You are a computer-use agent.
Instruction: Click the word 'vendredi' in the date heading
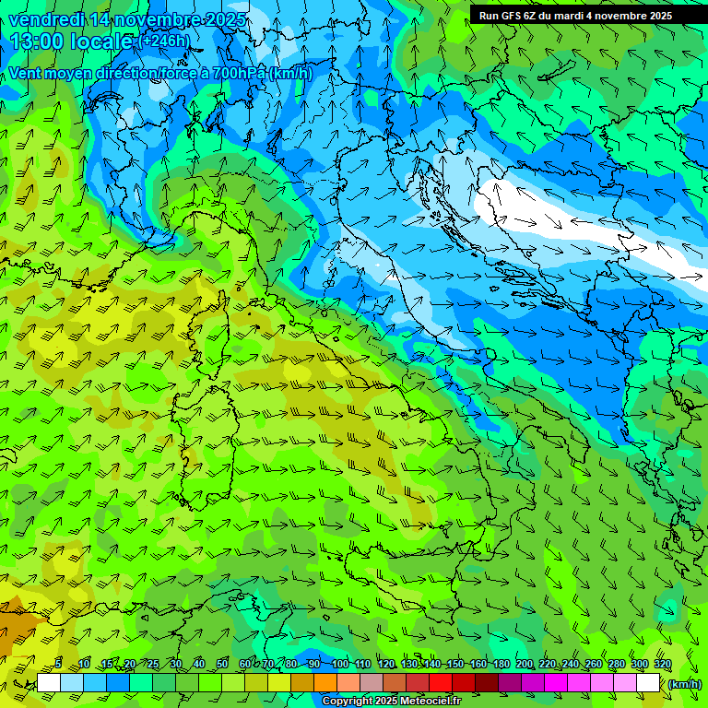(43, 19)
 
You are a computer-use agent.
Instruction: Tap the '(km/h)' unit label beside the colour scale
(683, 684)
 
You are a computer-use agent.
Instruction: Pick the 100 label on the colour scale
(340, 665)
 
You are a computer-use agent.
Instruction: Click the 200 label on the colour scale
(525, 665)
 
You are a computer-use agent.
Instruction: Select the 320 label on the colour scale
(662, 665)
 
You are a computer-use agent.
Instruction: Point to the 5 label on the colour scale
(58, 665)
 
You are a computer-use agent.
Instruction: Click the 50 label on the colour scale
(222, 665)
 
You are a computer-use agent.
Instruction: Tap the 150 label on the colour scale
(455, 665)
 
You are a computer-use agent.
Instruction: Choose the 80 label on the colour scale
(291, 665)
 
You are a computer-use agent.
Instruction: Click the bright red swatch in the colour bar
(441, 683)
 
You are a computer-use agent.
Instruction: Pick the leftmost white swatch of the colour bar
(49, 683)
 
